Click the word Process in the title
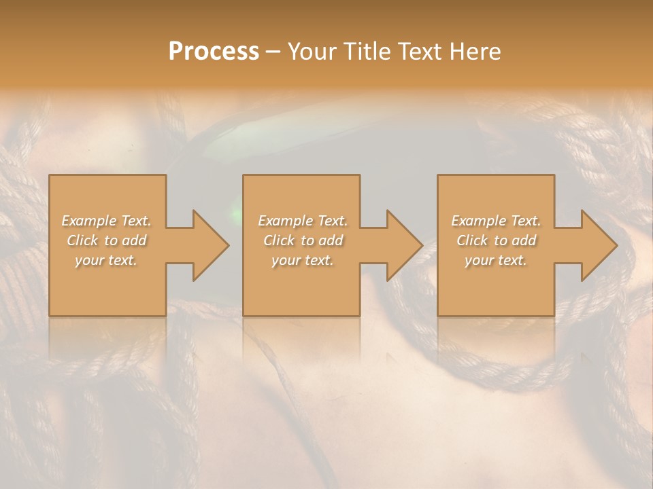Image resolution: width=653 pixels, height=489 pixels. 214,52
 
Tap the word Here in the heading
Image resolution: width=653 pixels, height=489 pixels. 475,52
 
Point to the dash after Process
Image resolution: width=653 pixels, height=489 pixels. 273,52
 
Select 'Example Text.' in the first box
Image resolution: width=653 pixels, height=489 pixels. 107,221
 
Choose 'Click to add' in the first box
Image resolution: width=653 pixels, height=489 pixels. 107,240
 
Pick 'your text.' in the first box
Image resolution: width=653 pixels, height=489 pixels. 107,260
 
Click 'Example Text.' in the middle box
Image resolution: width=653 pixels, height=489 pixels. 303,221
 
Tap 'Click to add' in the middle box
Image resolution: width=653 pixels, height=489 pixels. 303,240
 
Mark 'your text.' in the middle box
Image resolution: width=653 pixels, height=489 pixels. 303,260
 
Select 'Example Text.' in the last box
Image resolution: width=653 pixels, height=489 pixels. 496,221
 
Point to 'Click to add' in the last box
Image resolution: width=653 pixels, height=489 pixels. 496,240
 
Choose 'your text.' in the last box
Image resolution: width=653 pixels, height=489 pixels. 496,260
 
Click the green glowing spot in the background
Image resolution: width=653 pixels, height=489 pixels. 237,215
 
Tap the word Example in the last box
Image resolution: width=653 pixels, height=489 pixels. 479,221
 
